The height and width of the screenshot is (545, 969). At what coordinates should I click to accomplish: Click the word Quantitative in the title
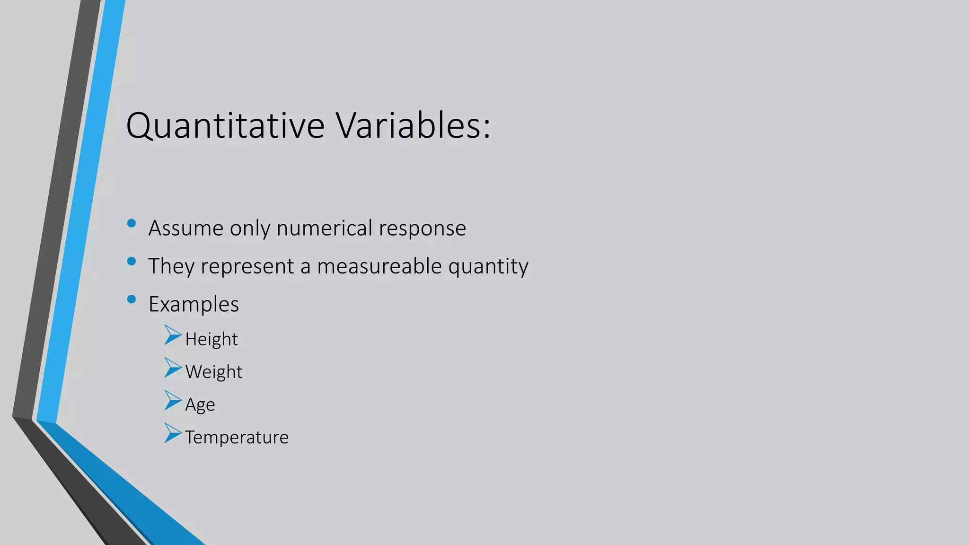[x=225, y=126]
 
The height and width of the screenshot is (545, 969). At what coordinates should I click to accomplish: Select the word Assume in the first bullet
[x=185, y=228]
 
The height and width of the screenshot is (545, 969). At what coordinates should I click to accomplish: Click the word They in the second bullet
[x=171, y=266]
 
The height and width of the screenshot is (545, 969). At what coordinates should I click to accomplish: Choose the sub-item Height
[x=211, y=340]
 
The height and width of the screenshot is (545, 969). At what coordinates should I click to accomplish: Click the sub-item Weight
[x=214, y=372]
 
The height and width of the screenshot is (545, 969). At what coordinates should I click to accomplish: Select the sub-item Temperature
[x=237, y=438]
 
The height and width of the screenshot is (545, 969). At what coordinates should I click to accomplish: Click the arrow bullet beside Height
[x=172, y=335]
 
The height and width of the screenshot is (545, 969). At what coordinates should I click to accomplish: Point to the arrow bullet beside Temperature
[x=172, y=433]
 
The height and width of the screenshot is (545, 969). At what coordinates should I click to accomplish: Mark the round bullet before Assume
[x=132, y=223]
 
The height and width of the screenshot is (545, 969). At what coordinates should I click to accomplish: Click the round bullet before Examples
[x=132, y=299]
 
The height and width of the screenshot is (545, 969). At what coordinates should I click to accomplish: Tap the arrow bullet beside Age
[x=172, y=400]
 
